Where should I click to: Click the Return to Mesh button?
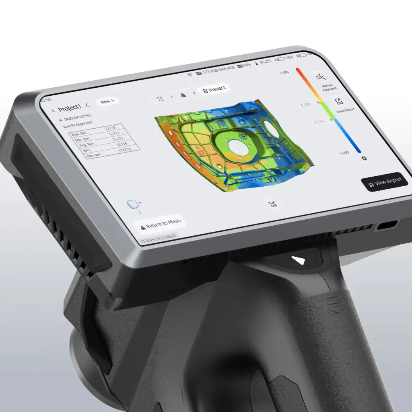pyautogui.click(x=161, y=224)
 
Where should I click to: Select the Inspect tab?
pyautogui.click(x=214, y=89)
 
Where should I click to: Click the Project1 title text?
pyautogui.click(x=70, y=109)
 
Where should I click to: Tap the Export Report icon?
pyautogui.click(x=339, y=101)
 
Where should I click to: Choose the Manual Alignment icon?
pyautogui.click(x=320, y=77)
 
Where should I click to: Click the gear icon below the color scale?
pyautogui.click(x=364, y=158)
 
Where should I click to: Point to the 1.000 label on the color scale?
pyautogui.click(x=284, y=72)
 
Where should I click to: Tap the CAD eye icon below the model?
pyautogui.click(x=273, y=202)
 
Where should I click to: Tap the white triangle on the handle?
pyautogui.click(x=299, y=260)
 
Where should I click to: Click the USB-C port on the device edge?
pyautogui.click(x=387, y=226)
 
